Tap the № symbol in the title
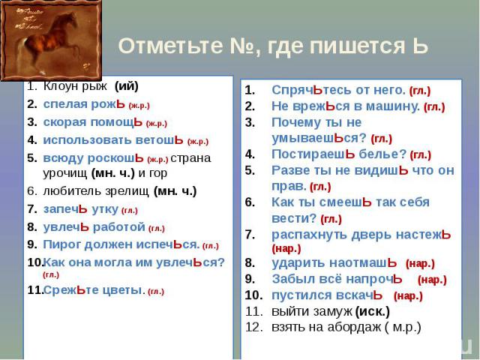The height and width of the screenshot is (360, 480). point(241,46)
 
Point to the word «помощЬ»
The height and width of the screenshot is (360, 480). point(117,121)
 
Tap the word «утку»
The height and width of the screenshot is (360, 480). point(105,209)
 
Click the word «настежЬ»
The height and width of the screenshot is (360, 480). point(424,235)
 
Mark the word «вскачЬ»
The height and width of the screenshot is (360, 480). point(359,295)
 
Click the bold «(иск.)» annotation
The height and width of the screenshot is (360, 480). point(373,312)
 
